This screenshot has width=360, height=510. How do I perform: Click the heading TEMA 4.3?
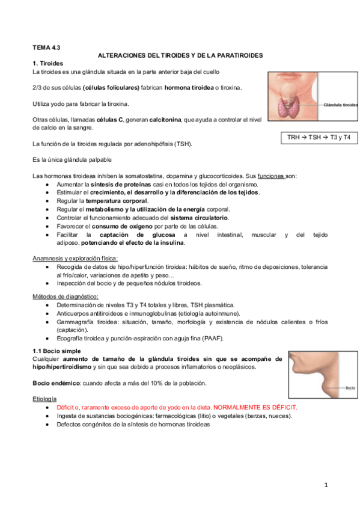pos(46,46)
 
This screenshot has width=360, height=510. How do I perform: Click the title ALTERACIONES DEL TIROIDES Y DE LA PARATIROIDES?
pos(180,55)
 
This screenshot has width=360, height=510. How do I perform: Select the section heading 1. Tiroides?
pos(47,63)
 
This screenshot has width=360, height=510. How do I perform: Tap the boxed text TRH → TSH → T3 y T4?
pos(319,138)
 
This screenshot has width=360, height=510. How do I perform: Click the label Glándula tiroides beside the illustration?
pos(341,105)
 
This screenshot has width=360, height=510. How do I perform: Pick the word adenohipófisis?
pos(144,144)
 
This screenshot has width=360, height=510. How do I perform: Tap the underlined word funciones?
pos(270,176)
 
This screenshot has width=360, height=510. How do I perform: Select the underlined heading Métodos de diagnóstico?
pos(65,296)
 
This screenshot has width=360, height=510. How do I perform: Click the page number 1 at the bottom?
pos(325,484)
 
